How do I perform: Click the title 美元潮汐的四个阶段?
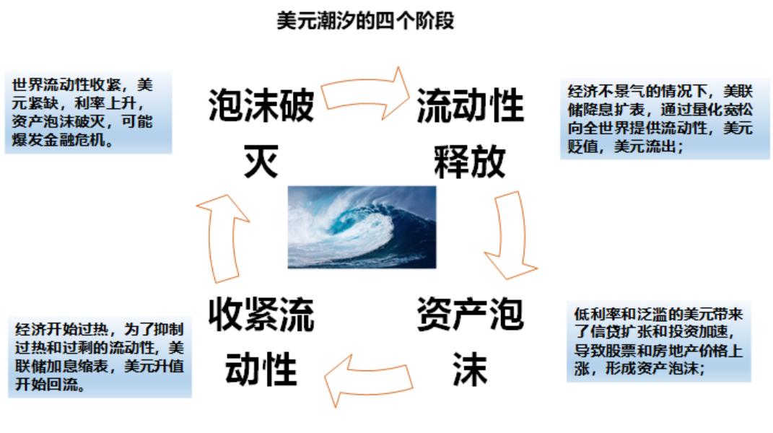[365, 21]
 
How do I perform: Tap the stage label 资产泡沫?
[470, 341]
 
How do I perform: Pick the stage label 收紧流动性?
[261, 341]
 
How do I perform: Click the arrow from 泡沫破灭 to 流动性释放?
[365, 93]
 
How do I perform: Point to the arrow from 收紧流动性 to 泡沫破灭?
[222, 239]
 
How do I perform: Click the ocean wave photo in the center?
[362, 227]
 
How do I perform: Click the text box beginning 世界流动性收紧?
[88, 113]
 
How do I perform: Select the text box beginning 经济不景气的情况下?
[665, 119]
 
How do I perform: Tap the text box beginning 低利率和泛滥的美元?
[659, 342]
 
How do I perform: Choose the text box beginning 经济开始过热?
[100, 357]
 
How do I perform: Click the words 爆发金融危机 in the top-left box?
[58, 141]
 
